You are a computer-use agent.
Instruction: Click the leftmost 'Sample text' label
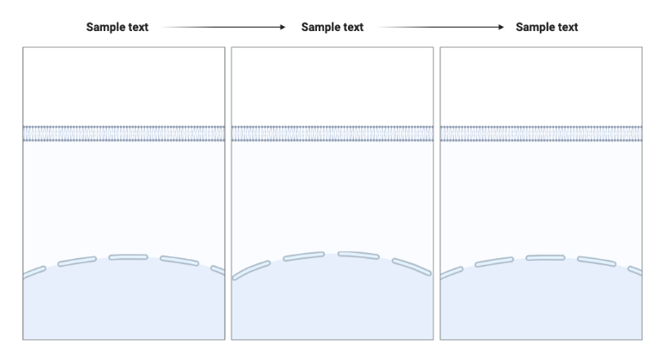117,28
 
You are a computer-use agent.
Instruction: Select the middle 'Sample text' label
332,28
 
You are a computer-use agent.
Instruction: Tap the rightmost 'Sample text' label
547,28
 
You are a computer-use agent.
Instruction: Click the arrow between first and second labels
223,28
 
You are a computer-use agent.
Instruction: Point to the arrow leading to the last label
439,28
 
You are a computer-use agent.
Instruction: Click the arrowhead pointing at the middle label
282,28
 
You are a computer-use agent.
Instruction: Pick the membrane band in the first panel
124,133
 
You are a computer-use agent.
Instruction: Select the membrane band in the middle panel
332,133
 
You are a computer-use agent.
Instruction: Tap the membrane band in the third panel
541,133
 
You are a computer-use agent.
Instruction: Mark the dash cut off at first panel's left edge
33,272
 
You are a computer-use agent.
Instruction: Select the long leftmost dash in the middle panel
250,271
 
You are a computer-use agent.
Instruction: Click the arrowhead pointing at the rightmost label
499,28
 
